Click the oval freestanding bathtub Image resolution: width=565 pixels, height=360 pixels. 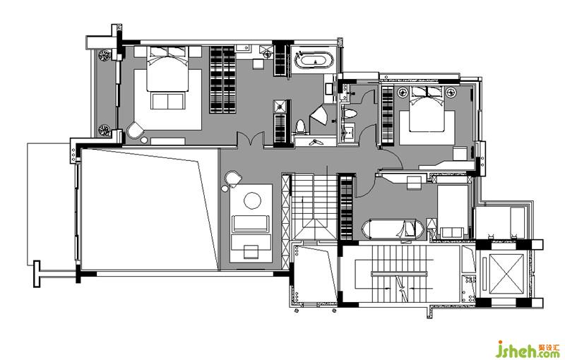[315, 60]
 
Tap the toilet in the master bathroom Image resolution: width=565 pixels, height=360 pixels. [300, 127]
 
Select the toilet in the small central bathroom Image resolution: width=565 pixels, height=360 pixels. [349, 114]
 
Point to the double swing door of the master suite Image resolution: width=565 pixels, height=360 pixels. [251, 139]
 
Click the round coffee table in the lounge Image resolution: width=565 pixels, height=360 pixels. [253, 200]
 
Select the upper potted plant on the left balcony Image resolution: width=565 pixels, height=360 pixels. [104, 55]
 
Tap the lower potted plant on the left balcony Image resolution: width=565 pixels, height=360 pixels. [104, 130]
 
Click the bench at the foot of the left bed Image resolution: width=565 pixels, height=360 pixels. [168, 101]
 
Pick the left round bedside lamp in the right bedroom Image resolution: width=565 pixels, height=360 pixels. [403, 93]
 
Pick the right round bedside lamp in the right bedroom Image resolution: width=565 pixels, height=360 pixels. [451, 93]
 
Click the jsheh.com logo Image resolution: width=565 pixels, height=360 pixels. [526, 349]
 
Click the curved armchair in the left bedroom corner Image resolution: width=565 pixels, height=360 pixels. [135, 130]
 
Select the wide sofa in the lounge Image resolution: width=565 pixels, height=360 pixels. [251, 224]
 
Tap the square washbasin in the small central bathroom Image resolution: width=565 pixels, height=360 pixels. [348, 132]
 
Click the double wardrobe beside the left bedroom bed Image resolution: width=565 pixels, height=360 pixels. [222, 80]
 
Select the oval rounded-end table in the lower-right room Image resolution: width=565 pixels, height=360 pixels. [393, 228]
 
